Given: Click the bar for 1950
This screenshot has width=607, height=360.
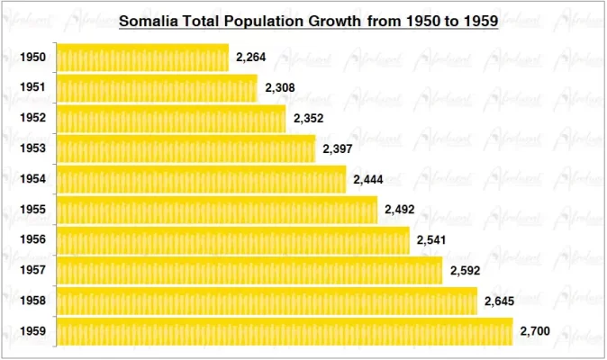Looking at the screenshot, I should tap(142, 58).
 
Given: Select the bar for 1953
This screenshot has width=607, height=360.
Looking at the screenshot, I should tap(186, 148).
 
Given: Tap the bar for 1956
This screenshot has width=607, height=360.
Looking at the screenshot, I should tap(233, 240).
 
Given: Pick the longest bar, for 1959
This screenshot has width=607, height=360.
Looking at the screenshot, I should tap(285, 331).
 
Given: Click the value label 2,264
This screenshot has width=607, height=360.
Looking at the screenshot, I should tap(251, 58).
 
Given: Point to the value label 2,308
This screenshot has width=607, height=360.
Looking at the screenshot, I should tap(280, 88).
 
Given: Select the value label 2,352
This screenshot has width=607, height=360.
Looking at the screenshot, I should tap(308, 119).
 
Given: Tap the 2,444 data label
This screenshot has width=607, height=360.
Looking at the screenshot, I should tap(368, 179).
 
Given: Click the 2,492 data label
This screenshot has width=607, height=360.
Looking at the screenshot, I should tap(399, 210).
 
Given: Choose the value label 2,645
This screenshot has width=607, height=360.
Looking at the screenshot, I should tap(499, 301).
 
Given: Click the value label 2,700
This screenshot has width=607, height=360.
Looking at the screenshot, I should tap(535, 331).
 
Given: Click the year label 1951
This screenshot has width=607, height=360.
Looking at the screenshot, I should tap(33, 88).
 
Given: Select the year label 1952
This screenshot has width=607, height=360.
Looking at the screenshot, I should tap(33, 119).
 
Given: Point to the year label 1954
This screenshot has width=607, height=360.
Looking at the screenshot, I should tap(33, 179).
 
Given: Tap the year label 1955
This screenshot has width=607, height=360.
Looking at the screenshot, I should tap(33, 210).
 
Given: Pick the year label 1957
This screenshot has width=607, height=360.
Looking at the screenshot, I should tap(33, 271).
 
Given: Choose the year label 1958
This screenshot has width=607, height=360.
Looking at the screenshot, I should tap(33, 301).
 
